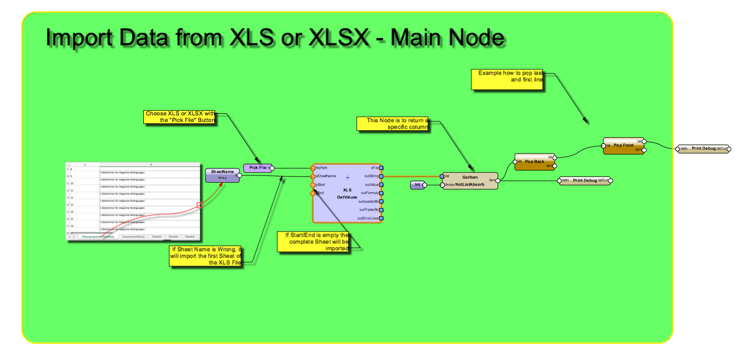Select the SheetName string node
222,175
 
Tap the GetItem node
469,181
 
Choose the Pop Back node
535,161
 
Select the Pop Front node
623,145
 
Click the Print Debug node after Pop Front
703,148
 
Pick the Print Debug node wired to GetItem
585,181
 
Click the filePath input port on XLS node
313,168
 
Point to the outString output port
381,176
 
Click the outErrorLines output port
381,218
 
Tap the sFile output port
381,168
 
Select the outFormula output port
381,193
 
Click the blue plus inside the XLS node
348,177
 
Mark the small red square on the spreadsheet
199,205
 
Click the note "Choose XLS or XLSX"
179,117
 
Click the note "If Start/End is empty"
313,242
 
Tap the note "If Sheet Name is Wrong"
205,256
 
